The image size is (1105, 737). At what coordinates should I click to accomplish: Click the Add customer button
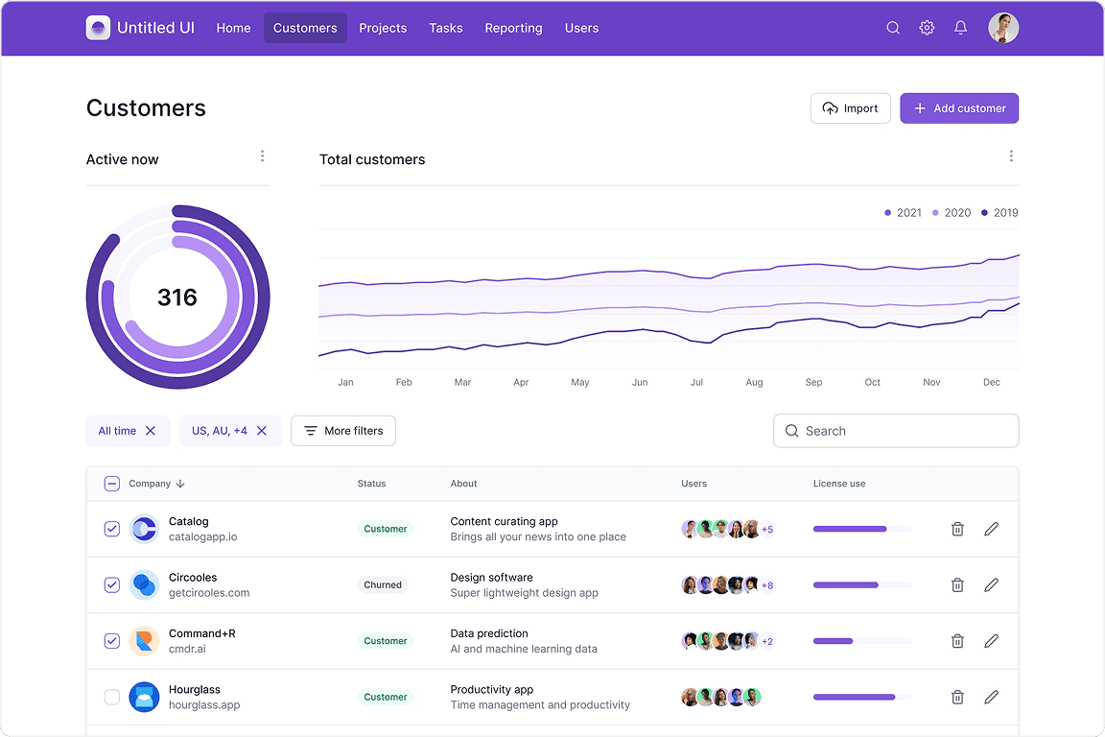958,108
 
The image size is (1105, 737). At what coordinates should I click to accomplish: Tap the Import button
850,108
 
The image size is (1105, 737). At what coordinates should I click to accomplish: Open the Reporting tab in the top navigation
513,28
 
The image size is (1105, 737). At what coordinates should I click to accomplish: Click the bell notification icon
960,28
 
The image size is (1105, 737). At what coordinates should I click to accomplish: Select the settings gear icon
927,28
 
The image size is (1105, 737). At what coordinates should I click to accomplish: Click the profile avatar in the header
1003,28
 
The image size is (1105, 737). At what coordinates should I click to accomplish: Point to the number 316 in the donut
177,297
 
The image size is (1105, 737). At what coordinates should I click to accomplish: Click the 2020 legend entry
952,213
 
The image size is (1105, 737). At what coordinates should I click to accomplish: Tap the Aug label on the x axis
755,382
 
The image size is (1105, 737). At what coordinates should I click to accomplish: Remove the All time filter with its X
151,431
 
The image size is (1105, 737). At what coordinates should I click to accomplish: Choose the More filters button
343,431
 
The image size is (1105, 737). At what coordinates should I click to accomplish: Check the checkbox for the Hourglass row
112,697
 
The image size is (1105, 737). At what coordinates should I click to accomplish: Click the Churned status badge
383,584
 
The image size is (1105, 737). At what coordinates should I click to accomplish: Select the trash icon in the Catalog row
957,529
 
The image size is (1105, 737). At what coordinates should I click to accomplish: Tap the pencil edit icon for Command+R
991,641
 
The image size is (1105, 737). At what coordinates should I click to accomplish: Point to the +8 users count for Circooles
767,584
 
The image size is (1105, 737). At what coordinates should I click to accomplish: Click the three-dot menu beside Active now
262,156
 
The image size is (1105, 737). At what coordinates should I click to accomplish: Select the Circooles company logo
144,584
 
